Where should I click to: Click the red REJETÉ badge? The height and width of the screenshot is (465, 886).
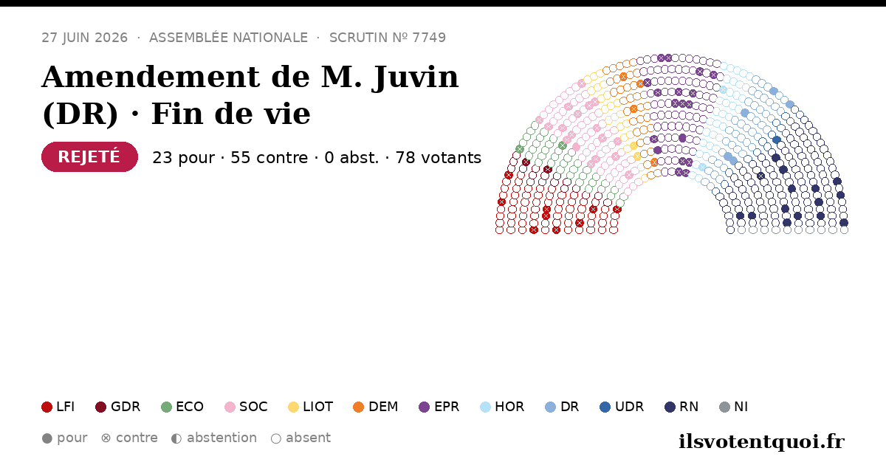coord(89,157)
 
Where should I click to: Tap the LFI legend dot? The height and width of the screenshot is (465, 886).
coord(47,407)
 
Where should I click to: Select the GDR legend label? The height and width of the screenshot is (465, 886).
coord(126,407)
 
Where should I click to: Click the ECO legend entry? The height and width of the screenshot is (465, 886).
coord(182,407)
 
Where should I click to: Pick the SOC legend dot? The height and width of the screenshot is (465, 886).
coord(230,407)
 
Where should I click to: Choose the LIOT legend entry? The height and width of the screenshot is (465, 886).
coord(311,407)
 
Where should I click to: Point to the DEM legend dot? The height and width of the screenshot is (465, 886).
coord(358,407)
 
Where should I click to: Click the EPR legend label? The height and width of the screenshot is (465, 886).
coord(447,407)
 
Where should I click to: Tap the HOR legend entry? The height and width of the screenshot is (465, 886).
coord(502,407)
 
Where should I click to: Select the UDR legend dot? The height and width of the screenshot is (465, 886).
coord(605,407)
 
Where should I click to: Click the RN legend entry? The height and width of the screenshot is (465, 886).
coord(681,407)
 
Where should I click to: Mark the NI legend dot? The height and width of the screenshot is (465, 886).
coord(724,407)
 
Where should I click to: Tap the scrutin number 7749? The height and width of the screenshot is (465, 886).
coord(429,38)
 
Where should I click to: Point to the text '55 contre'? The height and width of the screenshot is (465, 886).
coord(269,158)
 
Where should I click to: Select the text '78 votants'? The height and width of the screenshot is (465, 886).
coord(439,158)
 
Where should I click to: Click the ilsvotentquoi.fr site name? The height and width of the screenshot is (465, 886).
coord(762,442)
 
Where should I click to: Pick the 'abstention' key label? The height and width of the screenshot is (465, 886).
coord(222,438)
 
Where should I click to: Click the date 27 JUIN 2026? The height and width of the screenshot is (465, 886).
coord(85,38)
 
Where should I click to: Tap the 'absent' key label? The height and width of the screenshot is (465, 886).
coord(308,438)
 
